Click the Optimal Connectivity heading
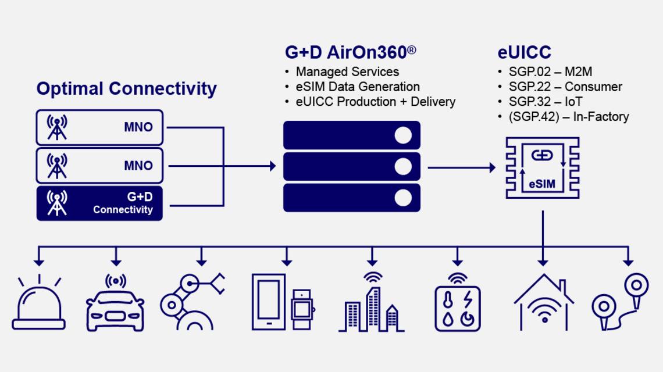126,89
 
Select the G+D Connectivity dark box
99,203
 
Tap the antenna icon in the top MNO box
57,127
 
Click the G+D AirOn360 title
350,52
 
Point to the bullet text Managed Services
347,72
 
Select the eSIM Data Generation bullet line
357,87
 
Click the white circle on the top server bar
403,135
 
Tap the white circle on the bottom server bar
403,198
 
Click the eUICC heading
524,52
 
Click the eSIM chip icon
542,169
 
